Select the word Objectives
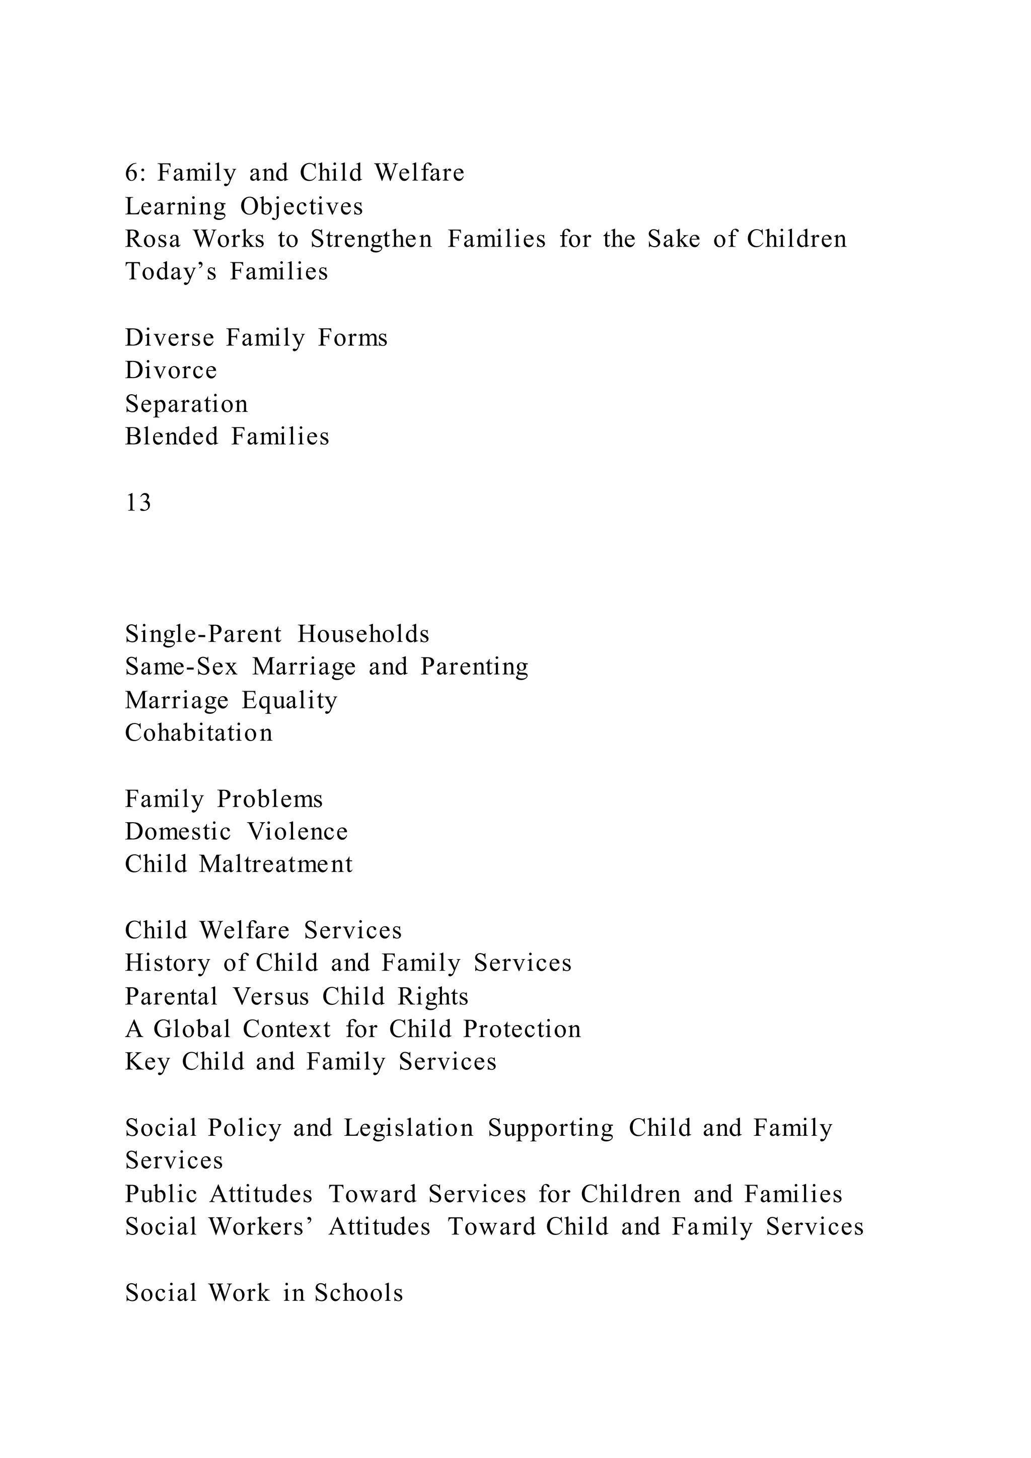(302, 206)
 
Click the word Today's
(171, 272)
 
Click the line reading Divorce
(171, 370)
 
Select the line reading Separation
(186, 404)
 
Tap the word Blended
(171, 436)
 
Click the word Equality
(289, 700)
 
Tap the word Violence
(298, 831)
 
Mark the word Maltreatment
(275, 864)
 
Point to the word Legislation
(409, 1128)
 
